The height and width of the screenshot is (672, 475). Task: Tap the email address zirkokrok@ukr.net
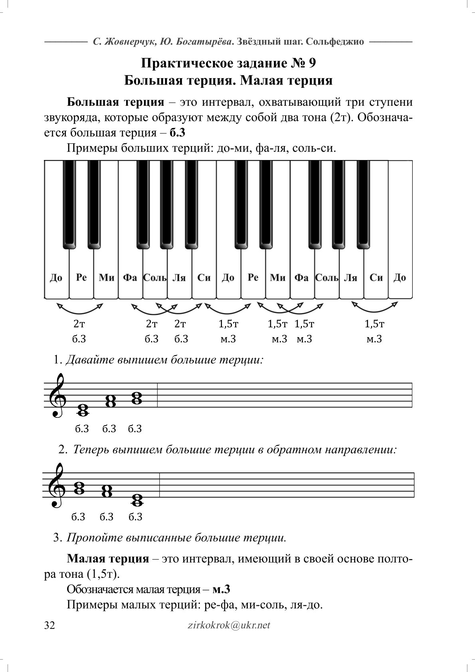(229, 625)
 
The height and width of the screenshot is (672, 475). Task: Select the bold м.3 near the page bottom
(222, 589)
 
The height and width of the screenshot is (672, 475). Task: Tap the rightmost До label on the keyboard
(400, 277)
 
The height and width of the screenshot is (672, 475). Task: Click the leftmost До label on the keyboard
(56, 277)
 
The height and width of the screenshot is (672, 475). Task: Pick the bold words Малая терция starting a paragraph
(108, 558)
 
